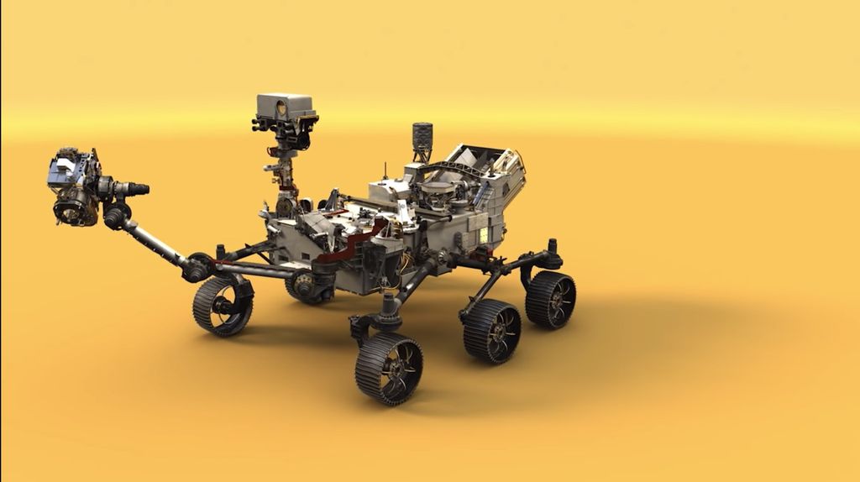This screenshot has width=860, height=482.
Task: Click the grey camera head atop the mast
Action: tap(285, 107)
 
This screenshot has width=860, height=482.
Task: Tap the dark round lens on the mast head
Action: tap(281, 108)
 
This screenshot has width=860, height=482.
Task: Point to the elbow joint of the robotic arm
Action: tap(116, 217)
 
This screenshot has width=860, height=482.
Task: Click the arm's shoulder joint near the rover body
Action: tap(199, 267)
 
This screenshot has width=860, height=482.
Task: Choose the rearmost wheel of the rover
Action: tap(551, 299)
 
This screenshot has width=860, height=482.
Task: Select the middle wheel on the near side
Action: tap(492, 331)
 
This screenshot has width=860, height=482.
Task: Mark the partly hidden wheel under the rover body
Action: tap(304, 287)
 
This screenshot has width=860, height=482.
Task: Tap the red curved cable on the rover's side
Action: tap(353, 244)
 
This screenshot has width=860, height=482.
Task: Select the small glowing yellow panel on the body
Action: tap(484, 234)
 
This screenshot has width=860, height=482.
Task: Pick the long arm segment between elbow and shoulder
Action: tap(156, 244)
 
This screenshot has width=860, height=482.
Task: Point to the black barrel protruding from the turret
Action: tap(133, 188)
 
